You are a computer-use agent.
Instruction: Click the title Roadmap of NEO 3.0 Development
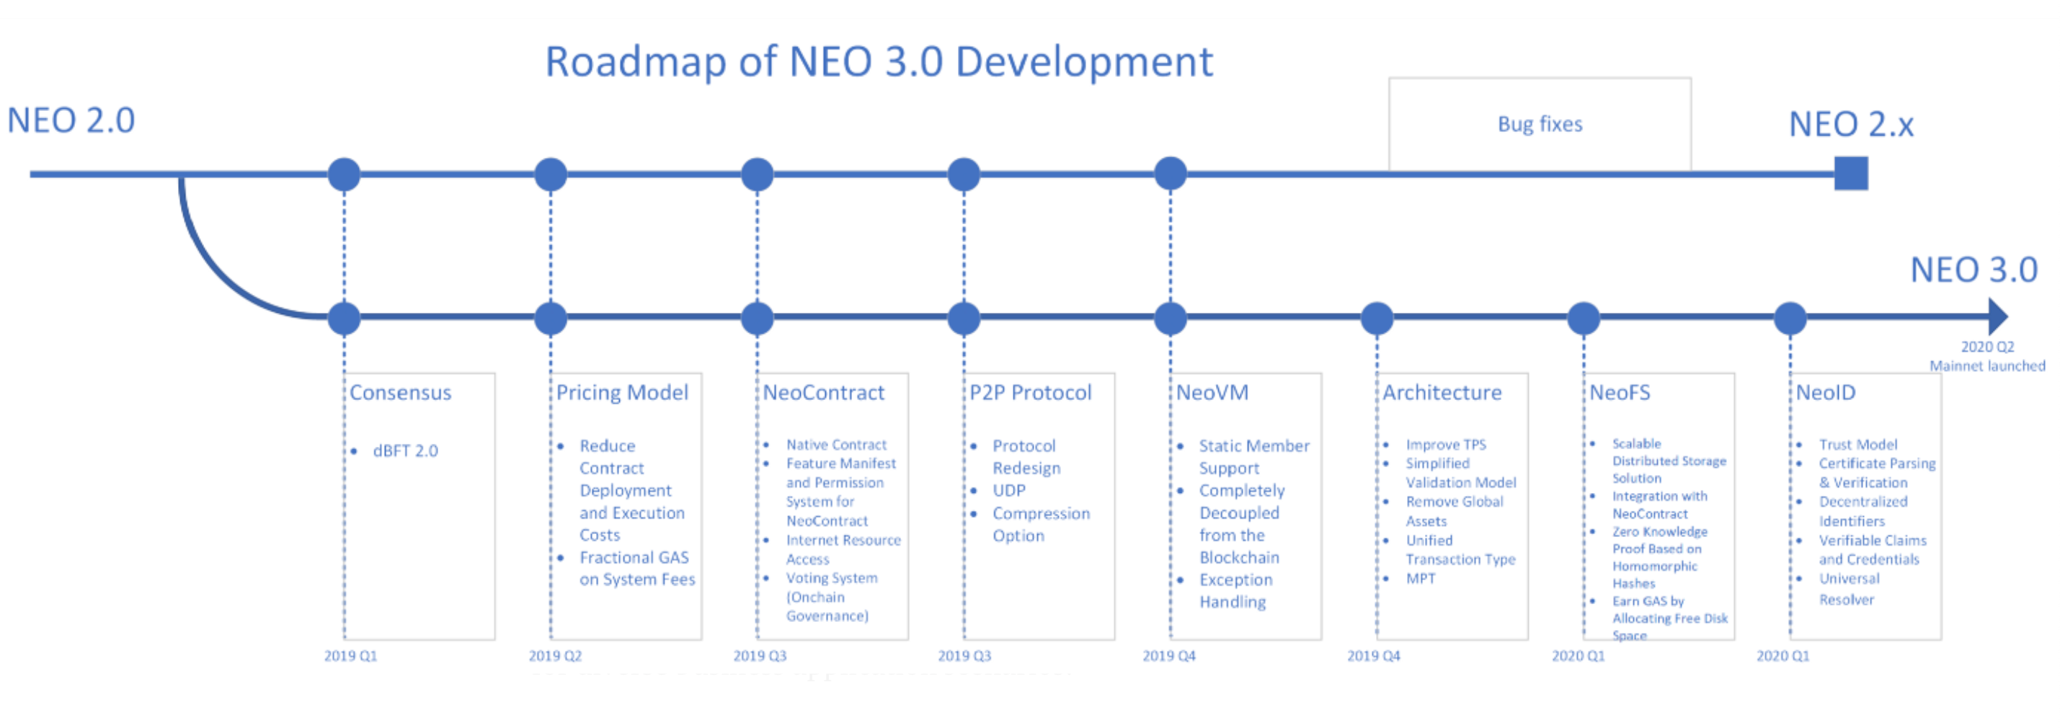point(879,61)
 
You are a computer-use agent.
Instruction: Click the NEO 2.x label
point(1851,124)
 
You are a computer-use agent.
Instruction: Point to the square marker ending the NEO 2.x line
point(1850,174)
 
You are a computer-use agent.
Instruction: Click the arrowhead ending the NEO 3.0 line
point(1997,317)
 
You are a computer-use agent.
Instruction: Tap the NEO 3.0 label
point(1974,270)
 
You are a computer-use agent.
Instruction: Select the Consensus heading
point(401,393)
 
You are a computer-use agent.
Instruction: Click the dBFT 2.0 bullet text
point(406,451)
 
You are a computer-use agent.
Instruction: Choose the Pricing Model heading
point(622,393)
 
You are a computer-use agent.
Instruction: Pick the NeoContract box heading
point(824,393)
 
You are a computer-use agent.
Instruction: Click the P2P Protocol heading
point(1030,393)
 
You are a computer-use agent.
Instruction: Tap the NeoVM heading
point(1212,393)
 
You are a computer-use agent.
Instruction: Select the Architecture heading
point(1442,393)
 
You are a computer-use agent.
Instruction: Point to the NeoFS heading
point(1620,393)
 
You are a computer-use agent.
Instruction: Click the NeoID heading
point(1826,393)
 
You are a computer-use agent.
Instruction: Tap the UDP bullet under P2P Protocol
point(1009,490)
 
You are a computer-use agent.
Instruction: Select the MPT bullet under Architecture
point(1421,578)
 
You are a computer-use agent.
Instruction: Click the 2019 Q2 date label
point(555,656)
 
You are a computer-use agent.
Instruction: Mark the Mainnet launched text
point(1987,365)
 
